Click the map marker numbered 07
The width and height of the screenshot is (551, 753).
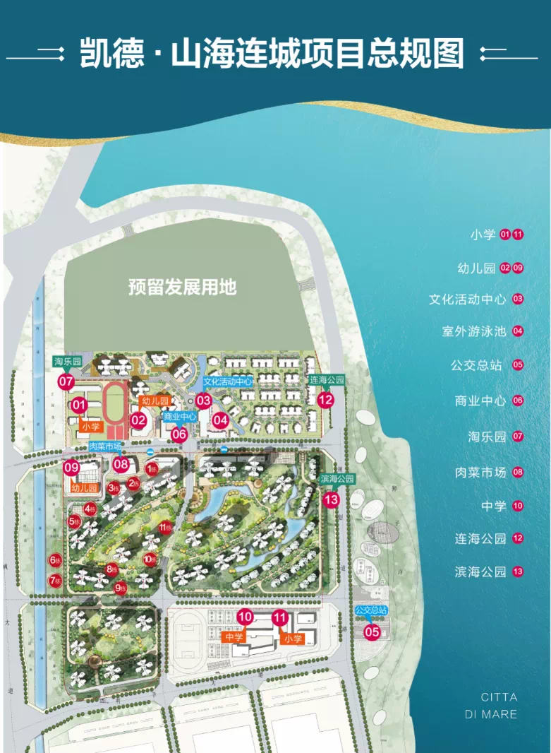pos(66,382)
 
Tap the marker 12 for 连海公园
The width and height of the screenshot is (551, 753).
pos(325,400)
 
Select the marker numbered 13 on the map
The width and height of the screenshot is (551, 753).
pos(331,499)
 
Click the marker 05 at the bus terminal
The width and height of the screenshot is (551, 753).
pos(372,632)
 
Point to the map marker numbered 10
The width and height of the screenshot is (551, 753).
pos(245,617)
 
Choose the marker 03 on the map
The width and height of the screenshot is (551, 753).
pos(204,401)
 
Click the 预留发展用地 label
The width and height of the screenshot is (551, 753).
pos(182,287)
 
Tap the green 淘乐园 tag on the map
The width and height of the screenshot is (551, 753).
pos(68,362)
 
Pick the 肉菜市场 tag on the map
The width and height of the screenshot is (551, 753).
pos(105,446)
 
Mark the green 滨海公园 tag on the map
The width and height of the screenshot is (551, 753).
pos(337,479)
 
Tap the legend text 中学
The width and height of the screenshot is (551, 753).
pos(494,506)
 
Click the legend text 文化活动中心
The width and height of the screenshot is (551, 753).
pos(467,299)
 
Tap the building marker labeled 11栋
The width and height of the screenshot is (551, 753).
pos(166,527)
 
